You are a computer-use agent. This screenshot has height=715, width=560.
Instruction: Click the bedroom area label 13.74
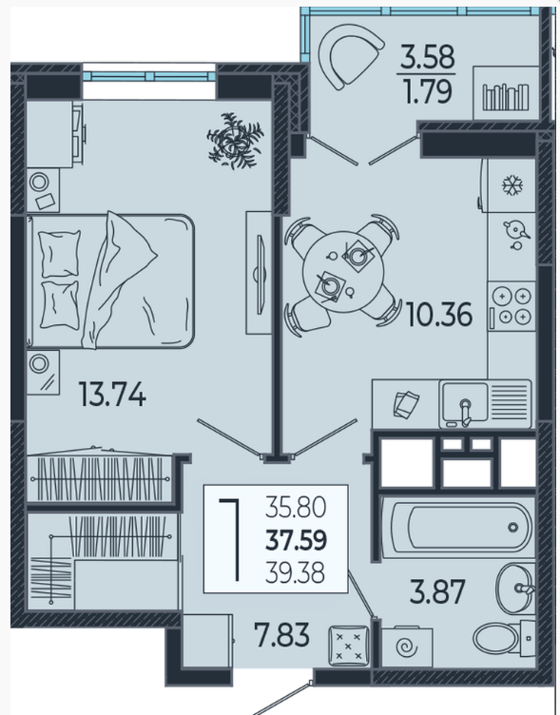[112, 394]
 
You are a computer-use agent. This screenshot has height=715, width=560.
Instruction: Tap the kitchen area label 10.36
[438, 315]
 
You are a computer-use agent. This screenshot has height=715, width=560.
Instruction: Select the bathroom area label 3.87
[437, 591]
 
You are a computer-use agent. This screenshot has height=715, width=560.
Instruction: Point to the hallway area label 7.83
[282, 635]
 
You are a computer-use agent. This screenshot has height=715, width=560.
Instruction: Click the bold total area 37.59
[297, 540]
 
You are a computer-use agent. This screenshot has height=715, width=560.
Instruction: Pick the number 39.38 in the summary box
[296, 572]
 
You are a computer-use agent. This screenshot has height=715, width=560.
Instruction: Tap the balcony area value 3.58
[427, 56]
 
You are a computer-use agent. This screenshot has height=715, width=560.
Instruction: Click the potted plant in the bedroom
[235, 141]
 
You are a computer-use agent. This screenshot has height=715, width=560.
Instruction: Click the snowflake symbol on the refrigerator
[512, 185]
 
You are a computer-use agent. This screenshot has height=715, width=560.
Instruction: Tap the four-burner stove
[512, 306]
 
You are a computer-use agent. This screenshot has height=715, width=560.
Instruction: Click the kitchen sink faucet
[465, 412]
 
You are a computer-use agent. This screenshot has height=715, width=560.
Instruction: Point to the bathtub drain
[513, 528]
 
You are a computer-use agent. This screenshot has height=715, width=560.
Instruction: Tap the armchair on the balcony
[351, 56]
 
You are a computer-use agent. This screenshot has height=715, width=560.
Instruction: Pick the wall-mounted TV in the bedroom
[259, 274]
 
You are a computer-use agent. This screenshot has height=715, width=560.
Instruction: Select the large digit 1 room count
[232, 540]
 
